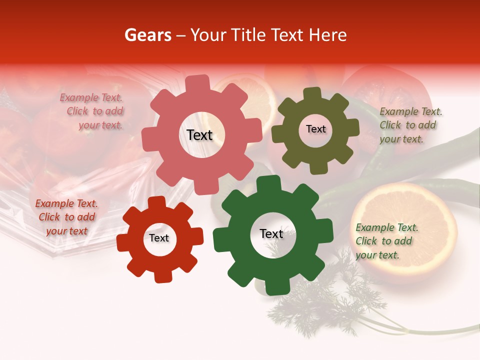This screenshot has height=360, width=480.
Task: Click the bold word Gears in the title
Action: pyautogui.click(x=148, y=35)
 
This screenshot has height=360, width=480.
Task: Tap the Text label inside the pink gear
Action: pyautogui.click(x=199, y=135)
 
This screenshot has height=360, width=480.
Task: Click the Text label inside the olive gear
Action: pyautogui.click(x=315, y=129)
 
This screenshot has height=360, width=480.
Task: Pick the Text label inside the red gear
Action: pyautogui.click(x=159, y=238)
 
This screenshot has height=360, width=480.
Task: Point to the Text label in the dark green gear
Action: pyautogui.click(x=271, y=233)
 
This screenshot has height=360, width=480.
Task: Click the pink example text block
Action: pyautogui.click(x=92, y=111)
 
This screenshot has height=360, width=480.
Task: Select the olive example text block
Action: pyautogui.click(x=408, y=125)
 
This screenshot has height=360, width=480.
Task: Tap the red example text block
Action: pyautogui.click(x=66, y=217)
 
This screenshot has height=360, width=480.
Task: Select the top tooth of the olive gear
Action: pyautogui.click(x=312, y=93)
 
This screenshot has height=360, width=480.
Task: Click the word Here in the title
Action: pyautogui.click(x=327, y=35)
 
